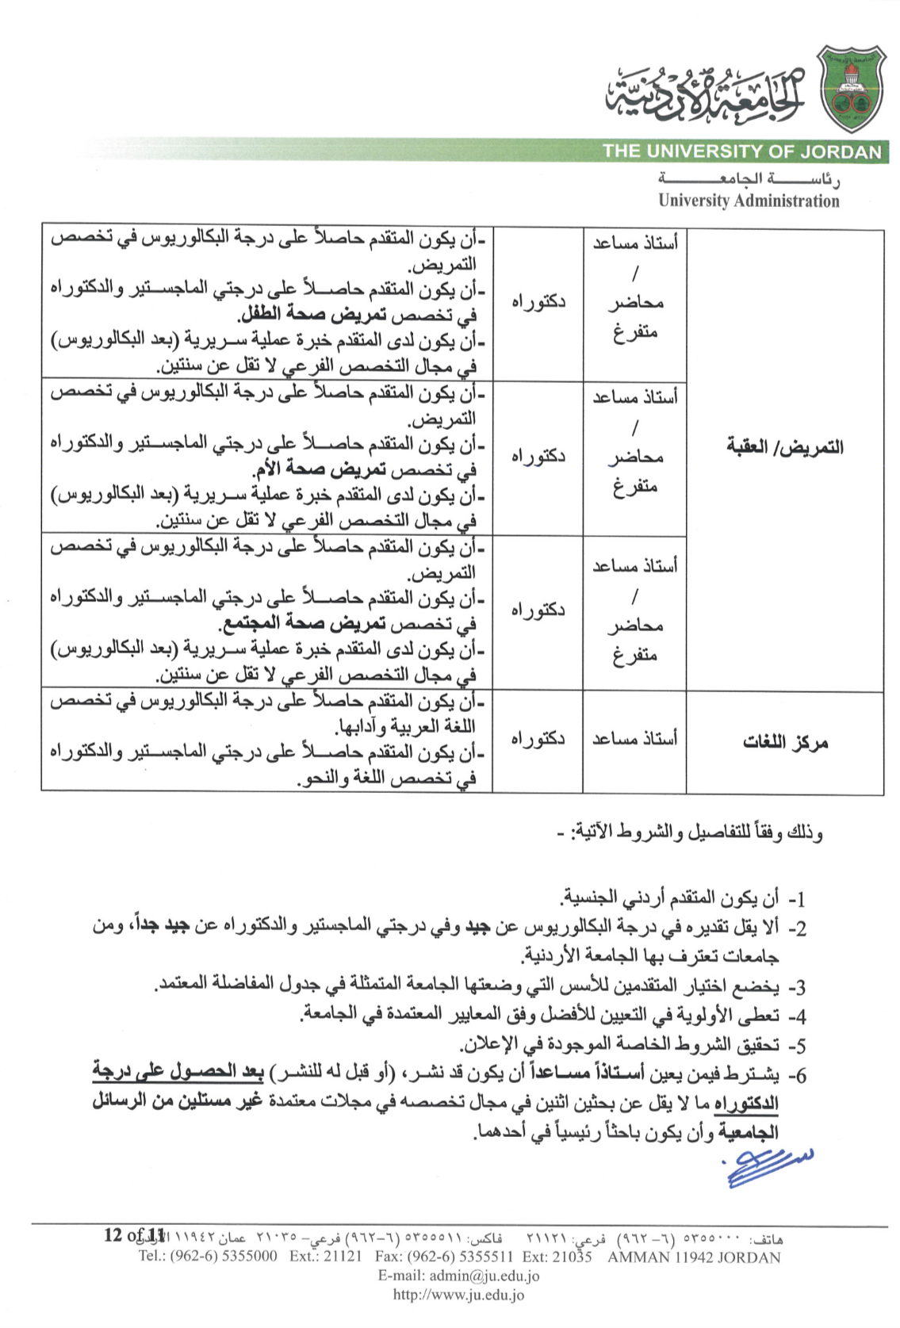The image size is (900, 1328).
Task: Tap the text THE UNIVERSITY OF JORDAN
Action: coord(741,151)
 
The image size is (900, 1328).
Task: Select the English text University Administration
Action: coord(748,201)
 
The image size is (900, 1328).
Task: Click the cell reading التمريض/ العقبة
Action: coord(784,447)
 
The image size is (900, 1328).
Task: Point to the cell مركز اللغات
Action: coord(784,742)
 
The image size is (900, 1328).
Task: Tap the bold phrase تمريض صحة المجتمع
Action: coord(304,623)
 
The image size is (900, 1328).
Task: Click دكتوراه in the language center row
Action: coord(538,739)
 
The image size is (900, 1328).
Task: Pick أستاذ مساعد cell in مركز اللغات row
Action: coord(634,739)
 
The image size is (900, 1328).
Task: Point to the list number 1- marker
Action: coord(795,899)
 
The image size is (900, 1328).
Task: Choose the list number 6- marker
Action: coord(795,1076)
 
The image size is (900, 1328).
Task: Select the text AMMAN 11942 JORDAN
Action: coord(694,1257)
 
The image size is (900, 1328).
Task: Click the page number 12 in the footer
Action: coord(113,1235)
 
